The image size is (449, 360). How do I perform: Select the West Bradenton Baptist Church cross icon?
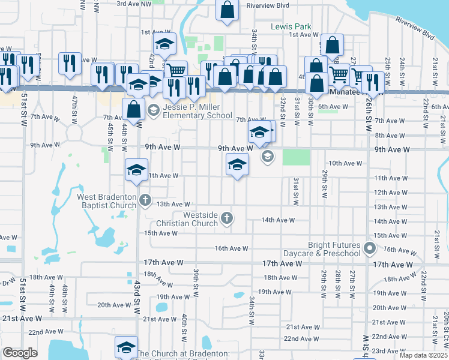click(x=144, y=199)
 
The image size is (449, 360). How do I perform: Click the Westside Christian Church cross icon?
click(x=227, y=217)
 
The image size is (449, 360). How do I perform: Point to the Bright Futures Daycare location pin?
click(x=370, y=248)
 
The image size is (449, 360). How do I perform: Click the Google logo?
click(x=20, y=353)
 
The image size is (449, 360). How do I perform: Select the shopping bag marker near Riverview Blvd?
click(x=228, y=10)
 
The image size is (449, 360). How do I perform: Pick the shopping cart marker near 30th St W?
click(x=339, y=74)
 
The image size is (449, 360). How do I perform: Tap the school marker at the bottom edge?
click(x=126, y=348)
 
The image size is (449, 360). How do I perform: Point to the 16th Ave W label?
click(x=231, y=248)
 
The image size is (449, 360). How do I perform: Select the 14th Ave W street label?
click(x=278, y=220)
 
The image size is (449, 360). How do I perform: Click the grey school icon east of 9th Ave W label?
click(x=267, y=157)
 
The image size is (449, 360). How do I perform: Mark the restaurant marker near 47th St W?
click(x=70, y=63)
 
